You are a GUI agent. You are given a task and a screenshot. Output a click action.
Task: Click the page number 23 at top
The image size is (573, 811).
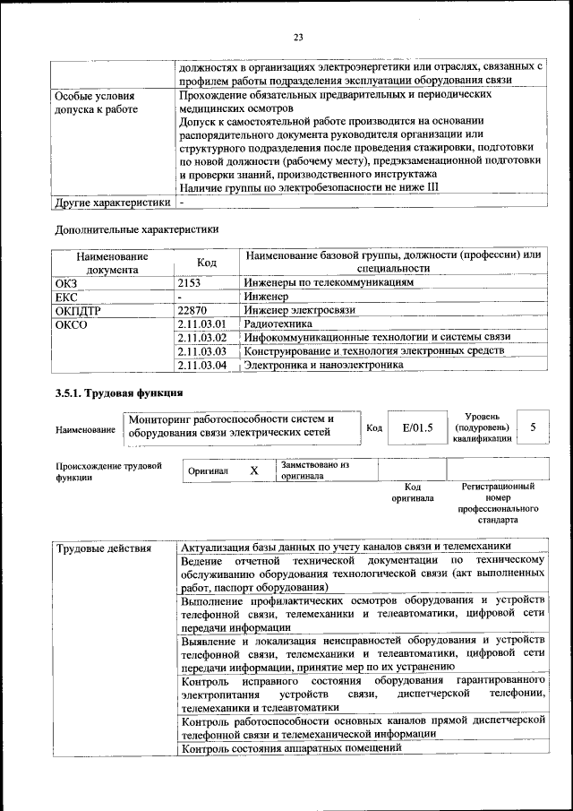298,37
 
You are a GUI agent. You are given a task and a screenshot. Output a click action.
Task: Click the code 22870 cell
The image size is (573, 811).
193,310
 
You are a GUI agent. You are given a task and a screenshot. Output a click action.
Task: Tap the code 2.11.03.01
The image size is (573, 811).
202,324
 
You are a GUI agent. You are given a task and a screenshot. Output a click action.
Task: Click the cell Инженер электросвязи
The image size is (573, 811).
299,310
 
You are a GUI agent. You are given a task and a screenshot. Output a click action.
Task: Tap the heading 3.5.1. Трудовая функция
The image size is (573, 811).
119,393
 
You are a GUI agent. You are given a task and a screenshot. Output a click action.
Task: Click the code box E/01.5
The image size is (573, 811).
417,428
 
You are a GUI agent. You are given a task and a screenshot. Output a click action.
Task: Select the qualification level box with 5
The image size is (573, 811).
534,427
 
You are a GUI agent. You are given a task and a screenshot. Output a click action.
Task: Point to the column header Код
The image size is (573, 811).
207,262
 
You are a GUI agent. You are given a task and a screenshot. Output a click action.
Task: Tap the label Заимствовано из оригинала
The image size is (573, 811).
314,470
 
